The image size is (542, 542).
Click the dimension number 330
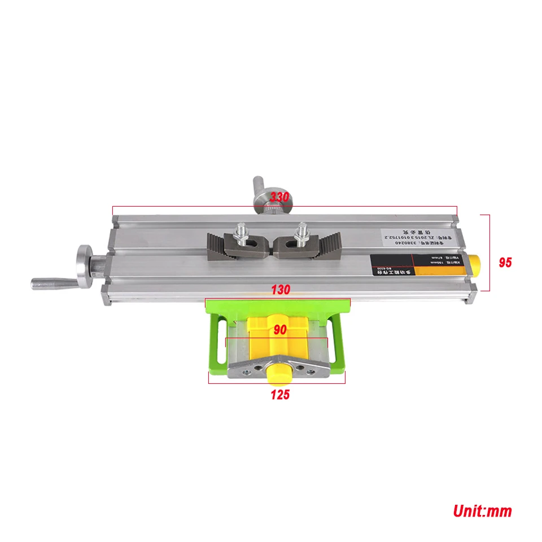tap(279, 198)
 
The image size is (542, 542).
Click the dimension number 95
tap(505, 263)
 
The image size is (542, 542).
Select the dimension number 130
tap(280, 290)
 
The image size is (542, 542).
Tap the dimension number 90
tap(280, 330)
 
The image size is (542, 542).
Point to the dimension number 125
tap(279, 395)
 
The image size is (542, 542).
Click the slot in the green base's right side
tap(340, 342)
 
